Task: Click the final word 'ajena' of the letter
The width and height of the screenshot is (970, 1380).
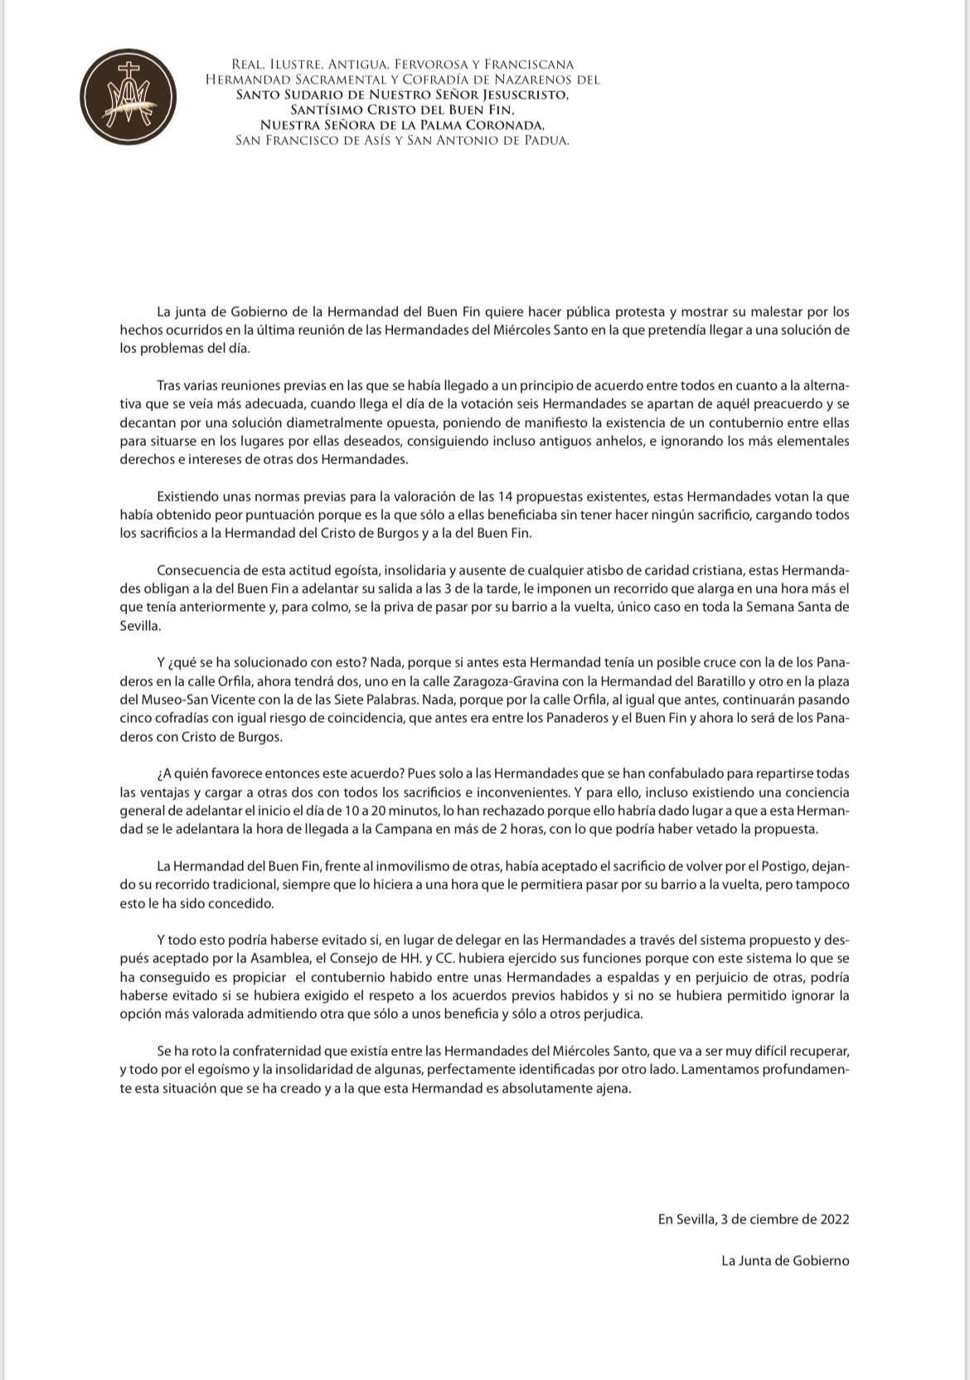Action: pos(614,1088)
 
